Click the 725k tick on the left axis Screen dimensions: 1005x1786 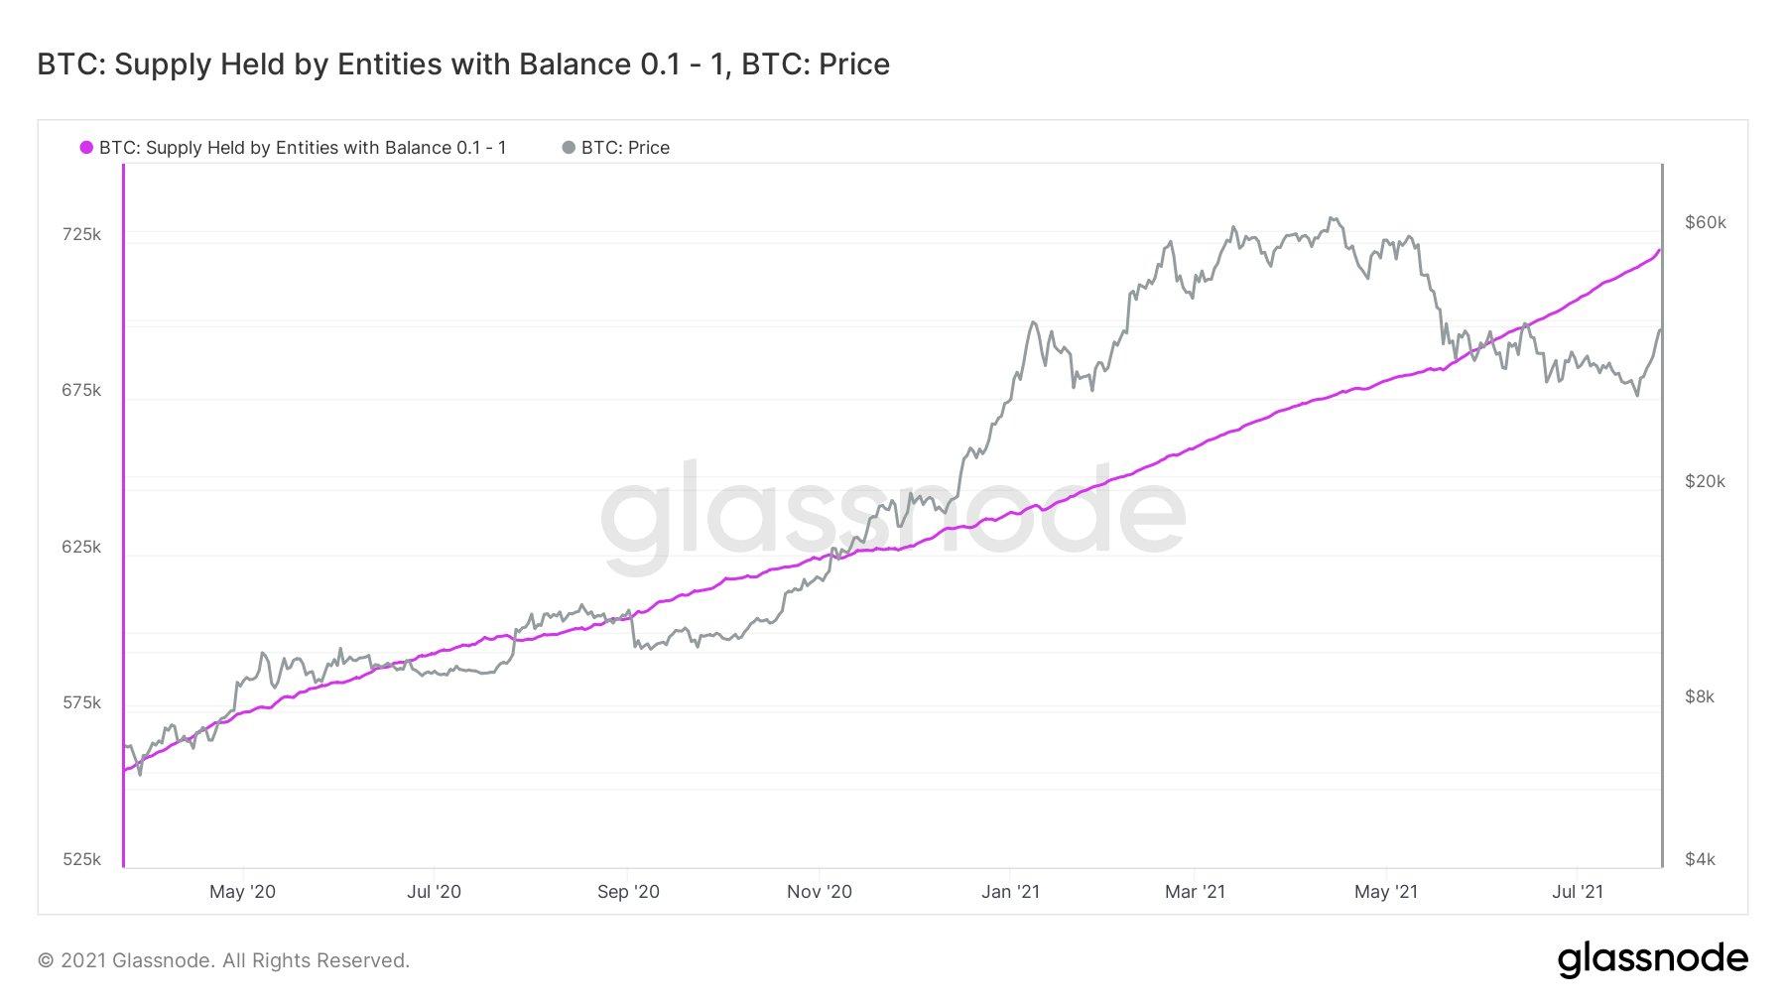coord(81,235)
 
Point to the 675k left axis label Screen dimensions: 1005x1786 coord(81,391)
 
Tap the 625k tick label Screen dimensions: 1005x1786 coord(81,547)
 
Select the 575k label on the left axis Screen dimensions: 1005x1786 coord(81,702)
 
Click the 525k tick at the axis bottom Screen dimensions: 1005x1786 coord(81,859)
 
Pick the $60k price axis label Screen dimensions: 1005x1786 coord(1705,222)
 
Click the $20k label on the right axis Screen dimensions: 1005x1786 coord(1705,481)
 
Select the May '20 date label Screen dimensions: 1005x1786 coord(242,892)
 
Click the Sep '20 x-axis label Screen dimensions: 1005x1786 coord(628,892)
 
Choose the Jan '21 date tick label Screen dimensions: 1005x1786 coord(1010,892)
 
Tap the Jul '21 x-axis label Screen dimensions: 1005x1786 coord(1577,892)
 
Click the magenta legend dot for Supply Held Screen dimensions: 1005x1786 coord(86,148)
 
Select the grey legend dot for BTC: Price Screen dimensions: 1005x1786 coord(569,148)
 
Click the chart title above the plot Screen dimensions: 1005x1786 coord(463,64)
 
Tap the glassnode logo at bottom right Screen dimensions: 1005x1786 coord(1652,959)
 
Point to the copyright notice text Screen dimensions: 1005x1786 coord(223,960)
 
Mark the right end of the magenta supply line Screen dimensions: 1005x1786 coord(1659,250)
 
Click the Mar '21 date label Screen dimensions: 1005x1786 coord(1195,892)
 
